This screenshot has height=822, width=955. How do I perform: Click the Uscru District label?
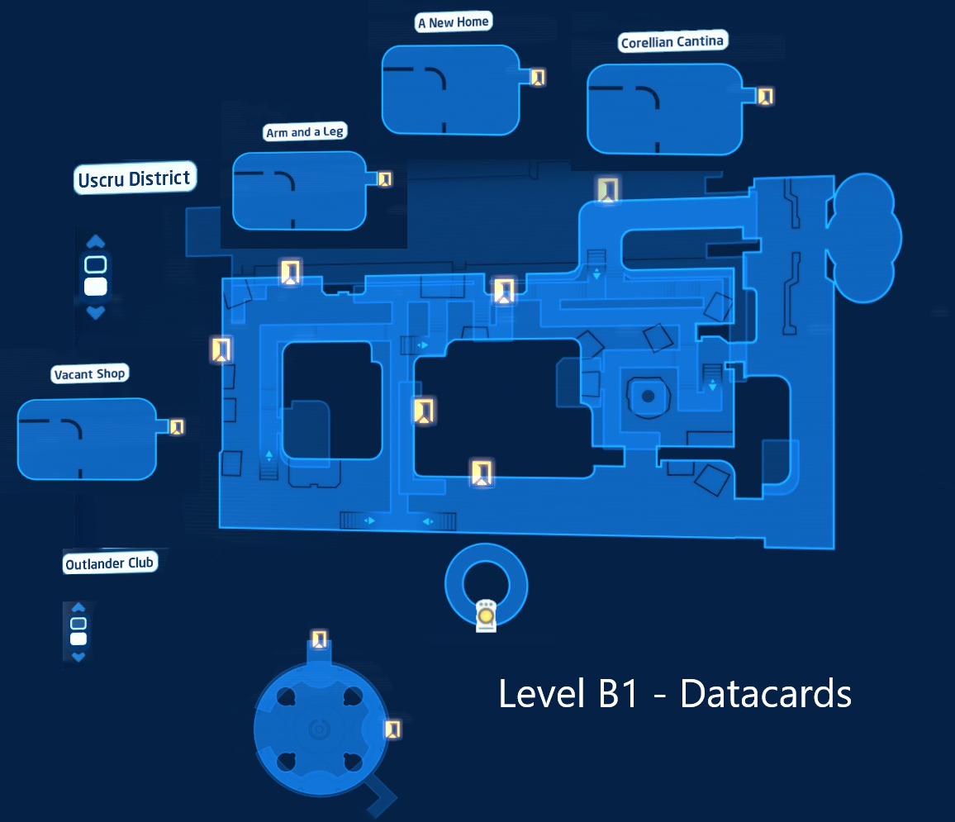click(x=135, y=178)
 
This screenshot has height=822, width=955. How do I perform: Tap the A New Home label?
click(x=454, y=22)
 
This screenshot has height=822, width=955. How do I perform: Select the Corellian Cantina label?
click(x=672, y=41)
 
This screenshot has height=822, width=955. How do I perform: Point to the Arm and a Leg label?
click(x=305, y=131)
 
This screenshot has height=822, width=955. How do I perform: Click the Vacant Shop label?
click(x=89, y=373)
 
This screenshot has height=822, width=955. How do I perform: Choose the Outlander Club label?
click(x=110, y=563)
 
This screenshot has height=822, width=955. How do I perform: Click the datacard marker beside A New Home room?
click(x=538, y=78)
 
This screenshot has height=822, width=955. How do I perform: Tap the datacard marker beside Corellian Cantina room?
click(x=765, y=96)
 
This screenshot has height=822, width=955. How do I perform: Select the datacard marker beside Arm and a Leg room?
click(x=385, y=179)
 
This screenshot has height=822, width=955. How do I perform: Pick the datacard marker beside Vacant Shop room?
click(x=177, y=427)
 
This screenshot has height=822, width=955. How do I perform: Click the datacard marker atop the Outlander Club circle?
click(x=319, y=639)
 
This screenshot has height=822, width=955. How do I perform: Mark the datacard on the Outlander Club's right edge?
click(x=393, y=729)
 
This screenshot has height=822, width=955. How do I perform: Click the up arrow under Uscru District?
click(x=96, y=242)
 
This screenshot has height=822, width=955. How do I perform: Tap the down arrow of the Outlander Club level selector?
click(x=78, y=657)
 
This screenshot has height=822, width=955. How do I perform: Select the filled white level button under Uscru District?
click(x=96, y=286)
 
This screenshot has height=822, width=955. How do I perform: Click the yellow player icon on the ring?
click(x=486, y=615)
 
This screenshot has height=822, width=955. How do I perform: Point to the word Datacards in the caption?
click(x=766, y=693)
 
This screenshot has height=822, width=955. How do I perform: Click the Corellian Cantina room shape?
click(x=664, y=109)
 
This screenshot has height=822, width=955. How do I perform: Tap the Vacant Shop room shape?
click(x=87, y=439)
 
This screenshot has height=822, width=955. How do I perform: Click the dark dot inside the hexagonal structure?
click(x=648, y=397)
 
